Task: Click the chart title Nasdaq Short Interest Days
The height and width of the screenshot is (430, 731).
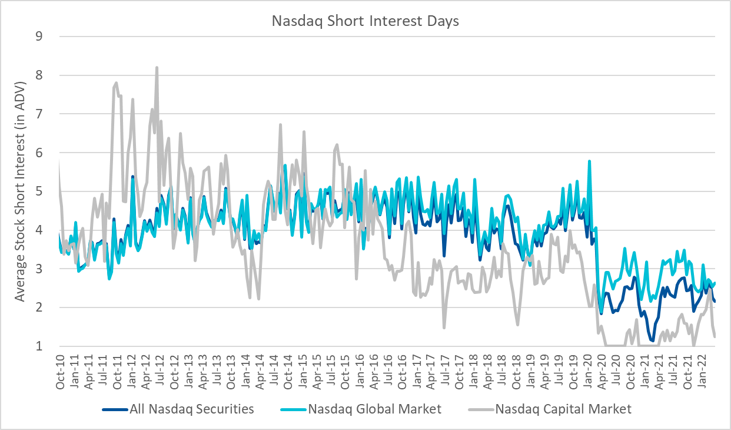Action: [365, 21]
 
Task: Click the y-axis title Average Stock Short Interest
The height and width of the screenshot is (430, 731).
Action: [20, 191]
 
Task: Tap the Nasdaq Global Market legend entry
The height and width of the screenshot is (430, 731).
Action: [374, 409]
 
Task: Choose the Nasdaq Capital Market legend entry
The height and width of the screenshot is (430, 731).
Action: [564, 409]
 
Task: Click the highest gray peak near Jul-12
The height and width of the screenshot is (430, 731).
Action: [157, 68]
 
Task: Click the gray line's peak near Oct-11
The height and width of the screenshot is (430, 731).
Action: [116, 82]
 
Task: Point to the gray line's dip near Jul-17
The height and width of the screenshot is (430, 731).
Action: [444, 328]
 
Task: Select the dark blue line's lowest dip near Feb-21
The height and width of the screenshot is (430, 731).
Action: [652, 340]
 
